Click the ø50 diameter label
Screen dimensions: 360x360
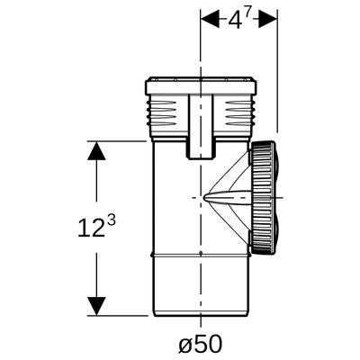pyautogui.click(x=201, y=344)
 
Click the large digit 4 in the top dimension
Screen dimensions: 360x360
pyautogui.click(x=235, y=21)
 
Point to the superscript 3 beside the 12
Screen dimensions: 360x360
pyautogui.click(x=111, y=221)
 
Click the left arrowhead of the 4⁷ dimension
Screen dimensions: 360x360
pyautogui.click(x=211, y=21)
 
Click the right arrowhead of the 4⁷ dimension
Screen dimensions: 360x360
pyautogui.click(x=267, y=21)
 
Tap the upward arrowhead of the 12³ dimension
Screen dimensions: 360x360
pyautogui.click(x=96, y=150)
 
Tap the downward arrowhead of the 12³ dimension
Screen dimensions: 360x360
pyautogui.click(x=96, y=306)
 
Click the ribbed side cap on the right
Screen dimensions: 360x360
pyautogui.click(x=261, y=198)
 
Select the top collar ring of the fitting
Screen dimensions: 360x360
pyautogui.click(x=201, y=86)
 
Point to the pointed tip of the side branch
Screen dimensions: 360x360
pyautogui.click(x=203, y=198)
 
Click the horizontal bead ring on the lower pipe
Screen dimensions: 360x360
pyautogui.click(x=201, y=256)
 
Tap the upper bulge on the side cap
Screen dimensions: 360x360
pyautogui.click(x=278, y=170)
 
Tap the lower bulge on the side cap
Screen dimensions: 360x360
pyautogui.click(x=278, y=229)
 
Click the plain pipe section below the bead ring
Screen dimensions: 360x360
pyautogui.click(x=201, y=286)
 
